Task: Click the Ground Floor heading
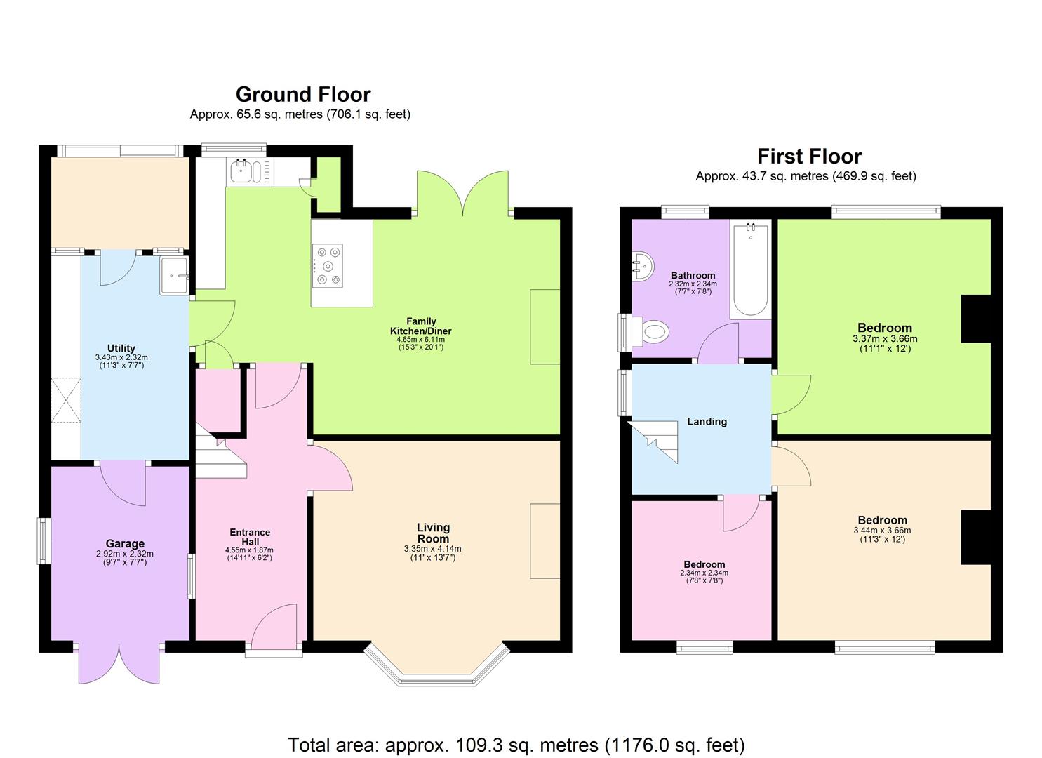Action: click(302, 94)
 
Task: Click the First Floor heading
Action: click(809, 156)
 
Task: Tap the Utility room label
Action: click(121, 348)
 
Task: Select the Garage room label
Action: click(125, 543)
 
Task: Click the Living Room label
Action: click(433, 533)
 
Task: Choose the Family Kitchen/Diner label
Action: click(420, 326)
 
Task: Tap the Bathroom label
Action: click(693, 276)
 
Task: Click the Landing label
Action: click(707, 421)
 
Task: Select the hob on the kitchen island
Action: click(328, 265)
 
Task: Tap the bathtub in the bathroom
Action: click(750, 270)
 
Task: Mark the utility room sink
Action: click(174, 275)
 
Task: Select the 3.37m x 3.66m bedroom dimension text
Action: click(884, 338)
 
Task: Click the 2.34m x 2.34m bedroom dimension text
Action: click(704, 573)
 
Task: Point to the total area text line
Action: click(516, 744)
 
